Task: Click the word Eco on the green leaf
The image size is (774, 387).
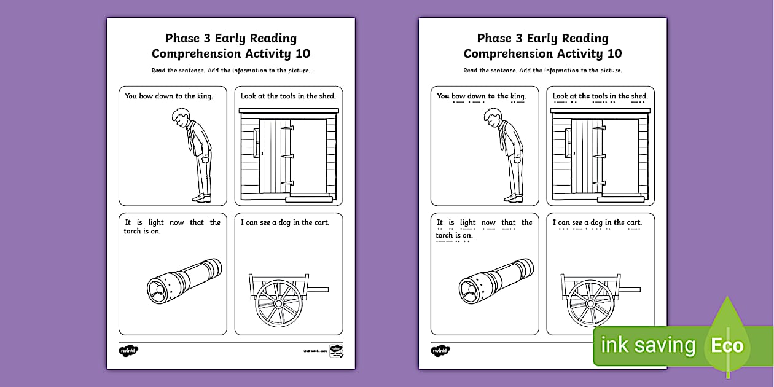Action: [727, 346]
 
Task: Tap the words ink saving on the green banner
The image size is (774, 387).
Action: [649, 346]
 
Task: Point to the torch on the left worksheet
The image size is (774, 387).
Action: [184, 279]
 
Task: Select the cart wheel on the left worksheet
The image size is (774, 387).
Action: [278, 303]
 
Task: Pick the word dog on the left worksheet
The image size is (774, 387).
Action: [291, 222]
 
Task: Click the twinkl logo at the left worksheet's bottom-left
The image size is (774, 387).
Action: [128, 350]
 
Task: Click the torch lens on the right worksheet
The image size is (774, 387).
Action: [471, 288]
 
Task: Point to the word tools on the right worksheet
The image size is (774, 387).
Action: [599, 96]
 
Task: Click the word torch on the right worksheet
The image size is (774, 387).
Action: [444, 235]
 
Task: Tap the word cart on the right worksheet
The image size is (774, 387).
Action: [633, 222]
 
